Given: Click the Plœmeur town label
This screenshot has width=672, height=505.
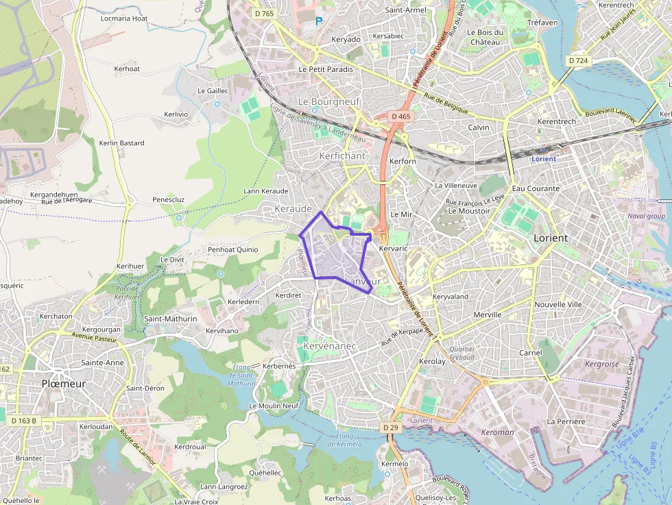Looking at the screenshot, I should click(64, 384).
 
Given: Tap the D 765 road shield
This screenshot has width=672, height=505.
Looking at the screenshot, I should click(263, 13).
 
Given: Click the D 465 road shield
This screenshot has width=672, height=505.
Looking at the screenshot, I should click(401, 116).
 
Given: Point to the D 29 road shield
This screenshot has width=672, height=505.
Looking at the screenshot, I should click(390, 428).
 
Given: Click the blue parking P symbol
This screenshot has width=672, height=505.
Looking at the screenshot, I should click(319, 21).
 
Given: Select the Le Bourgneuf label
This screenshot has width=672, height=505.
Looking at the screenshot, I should click(329, 101).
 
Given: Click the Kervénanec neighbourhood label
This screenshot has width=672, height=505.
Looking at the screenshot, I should click(329, 346).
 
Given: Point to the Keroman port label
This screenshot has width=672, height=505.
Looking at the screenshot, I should click(497, 432).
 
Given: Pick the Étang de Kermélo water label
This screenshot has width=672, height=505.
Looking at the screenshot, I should click(344, 440).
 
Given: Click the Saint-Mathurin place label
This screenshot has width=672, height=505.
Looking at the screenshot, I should click(170, 319).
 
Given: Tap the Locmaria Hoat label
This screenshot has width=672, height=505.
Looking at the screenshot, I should click(124, 18).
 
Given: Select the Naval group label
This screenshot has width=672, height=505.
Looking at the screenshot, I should click(646, 216).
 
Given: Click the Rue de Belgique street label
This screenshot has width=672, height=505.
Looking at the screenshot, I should click(446, 103).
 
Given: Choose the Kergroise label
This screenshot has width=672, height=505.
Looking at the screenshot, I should click(601, 364).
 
